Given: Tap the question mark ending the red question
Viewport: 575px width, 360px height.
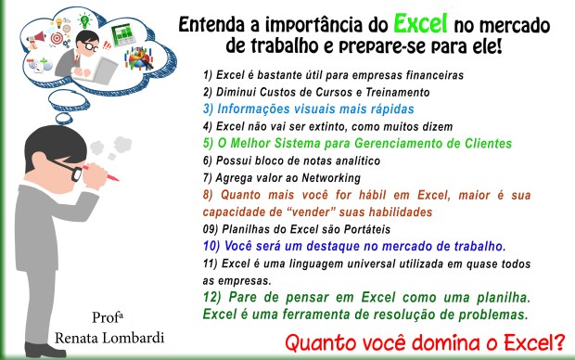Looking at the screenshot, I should point(559,344).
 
